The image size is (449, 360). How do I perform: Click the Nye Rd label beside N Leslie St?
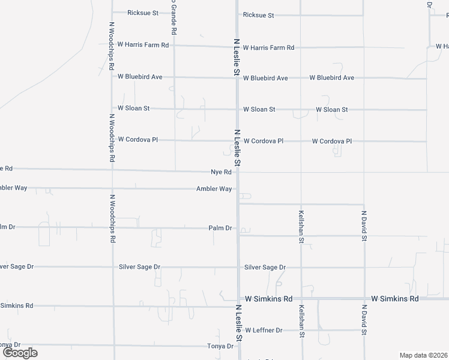point(221,172)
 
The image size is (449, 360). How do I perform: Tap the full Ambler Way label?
point(214,189)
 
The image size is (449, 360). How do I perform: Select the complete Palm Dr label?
point(220,228)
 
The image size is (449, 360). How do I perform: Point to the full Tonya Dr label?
point(220,346)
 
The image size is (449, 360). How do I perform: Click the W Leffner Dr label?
point(262,330)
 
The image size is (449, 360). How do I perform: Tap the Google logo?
point(20,353)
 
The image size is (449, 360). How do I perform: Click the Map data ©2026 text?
point(423,355)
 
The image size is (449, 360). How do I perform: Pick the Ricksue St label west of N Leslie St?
point(143,13)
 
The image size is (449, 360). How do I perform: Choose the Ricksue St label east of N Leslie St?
point(258,15)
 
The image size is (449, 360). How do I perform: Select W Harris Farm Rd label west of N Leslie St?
point(143,45)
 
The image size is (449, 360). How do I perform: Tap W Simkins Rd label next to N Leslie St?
point(267,299)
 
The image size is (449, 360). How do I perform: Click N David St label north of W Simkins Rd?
point(364,226)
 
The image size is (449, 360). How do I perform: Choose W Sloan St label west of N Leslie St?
point(133,109)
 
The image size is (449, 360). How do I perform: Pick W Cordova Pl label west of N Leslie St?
point(137,139)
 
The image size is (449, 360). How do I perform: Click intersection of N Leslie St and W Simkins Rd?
point(238,299)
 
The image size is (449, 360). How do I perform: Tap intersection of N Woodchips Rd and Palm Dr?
point(112,227)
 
